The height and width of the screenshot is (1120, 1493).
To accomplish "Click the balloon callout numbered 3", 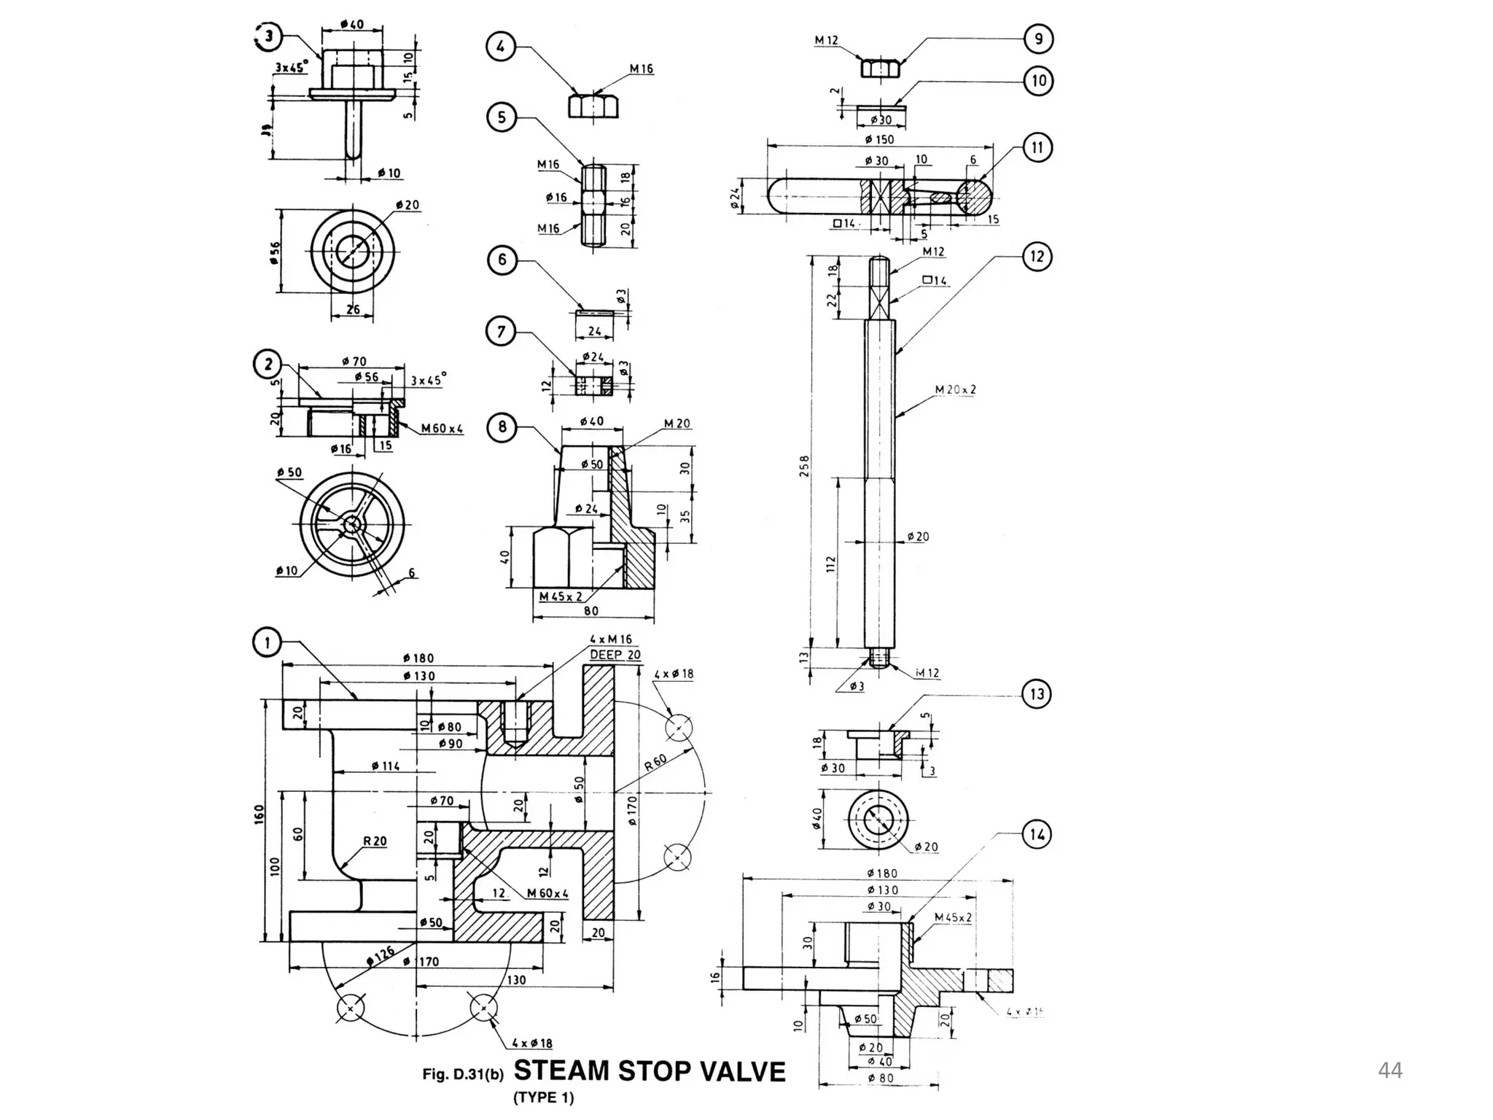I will click(x=269, y=37).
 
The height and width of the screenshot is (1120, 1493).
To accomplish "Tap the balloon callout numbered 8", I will click(x=502, y=427).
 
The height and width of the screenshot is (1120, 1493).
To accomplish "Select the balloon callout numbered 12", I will click(x=1037, y=257).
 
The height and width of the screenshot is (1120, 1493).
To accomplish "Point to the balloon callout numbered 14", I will click(x=1037, y=834).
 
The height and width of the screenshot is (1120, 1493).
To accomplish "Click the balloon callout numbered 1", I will click(x=267, y=642).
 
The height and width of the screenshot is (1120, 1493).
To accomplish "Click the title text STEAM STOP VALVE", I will click(x=650, y=1071).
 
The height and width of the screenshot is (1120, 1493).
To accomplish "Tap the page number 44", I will click(x=1389, y=1070).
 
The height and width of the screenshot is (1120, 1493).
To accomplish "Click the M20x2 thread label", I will click(x=955, y=390).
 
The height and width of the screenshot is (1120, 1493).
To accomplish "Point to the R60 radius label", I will click(x=655, y=763).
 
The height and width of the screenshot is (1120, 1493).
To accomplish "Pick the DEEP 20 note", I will click(x=615, y=655).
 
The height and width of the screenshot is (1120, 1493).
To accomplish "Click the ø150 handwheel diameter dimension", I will click(x=879, y=139).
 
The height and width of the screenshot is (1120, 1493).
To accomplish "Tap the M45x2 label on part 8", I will click(x=561, y=596).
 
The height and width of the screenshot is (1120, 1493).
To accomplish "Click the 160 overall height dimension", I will click(x=258, y=815).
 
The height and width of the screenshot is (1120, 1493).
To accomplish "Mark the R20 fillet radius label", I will click(x=375, y=841).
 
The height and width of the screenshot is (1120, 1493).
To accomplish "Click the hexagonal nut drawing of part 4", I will click(x=593, y=106).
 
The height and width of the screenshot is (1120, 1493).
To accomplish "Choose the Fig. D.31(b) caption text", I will click(x=463, y=1074).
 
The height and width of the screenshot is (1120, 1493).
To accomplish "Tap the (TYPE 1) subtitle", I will click(x=543, y=1098).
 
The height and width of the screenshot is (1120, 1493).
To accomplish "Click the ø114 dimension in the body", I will click(x=385, y=766).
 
